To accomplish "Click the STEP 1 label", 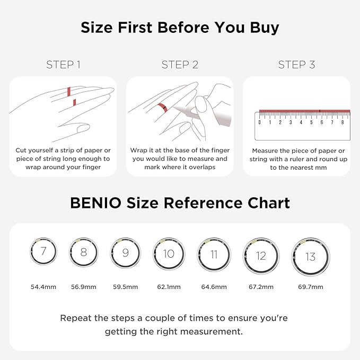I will (63, 65).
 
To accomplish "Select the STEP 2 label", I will (180, 65).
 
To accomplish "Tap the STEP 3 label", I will (296, 65).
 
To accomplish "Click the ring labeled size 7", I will (43, 251).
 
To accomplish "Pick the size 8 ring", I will (83, 252).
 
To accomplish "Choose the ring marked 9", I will (125, 252).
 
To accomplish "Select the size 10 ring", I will (169, 253).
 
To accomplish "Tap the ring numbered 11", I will (214, 254).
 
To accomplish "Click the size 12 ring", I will (260, 256).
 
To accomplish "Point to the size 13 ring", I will (310, 257).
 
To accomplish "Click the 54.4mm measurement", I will (43, 287).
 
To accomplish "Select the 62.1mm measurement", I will (169, 287).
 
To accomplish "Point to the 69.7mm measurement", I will (310, 287).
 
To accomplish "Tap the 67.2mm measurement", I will (260, 287).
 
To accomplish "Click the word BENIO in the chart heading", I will (94, 203).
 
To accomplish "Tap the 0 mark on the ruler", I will (260, 122).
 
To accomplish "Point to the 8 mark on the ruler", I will (343, 122).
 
